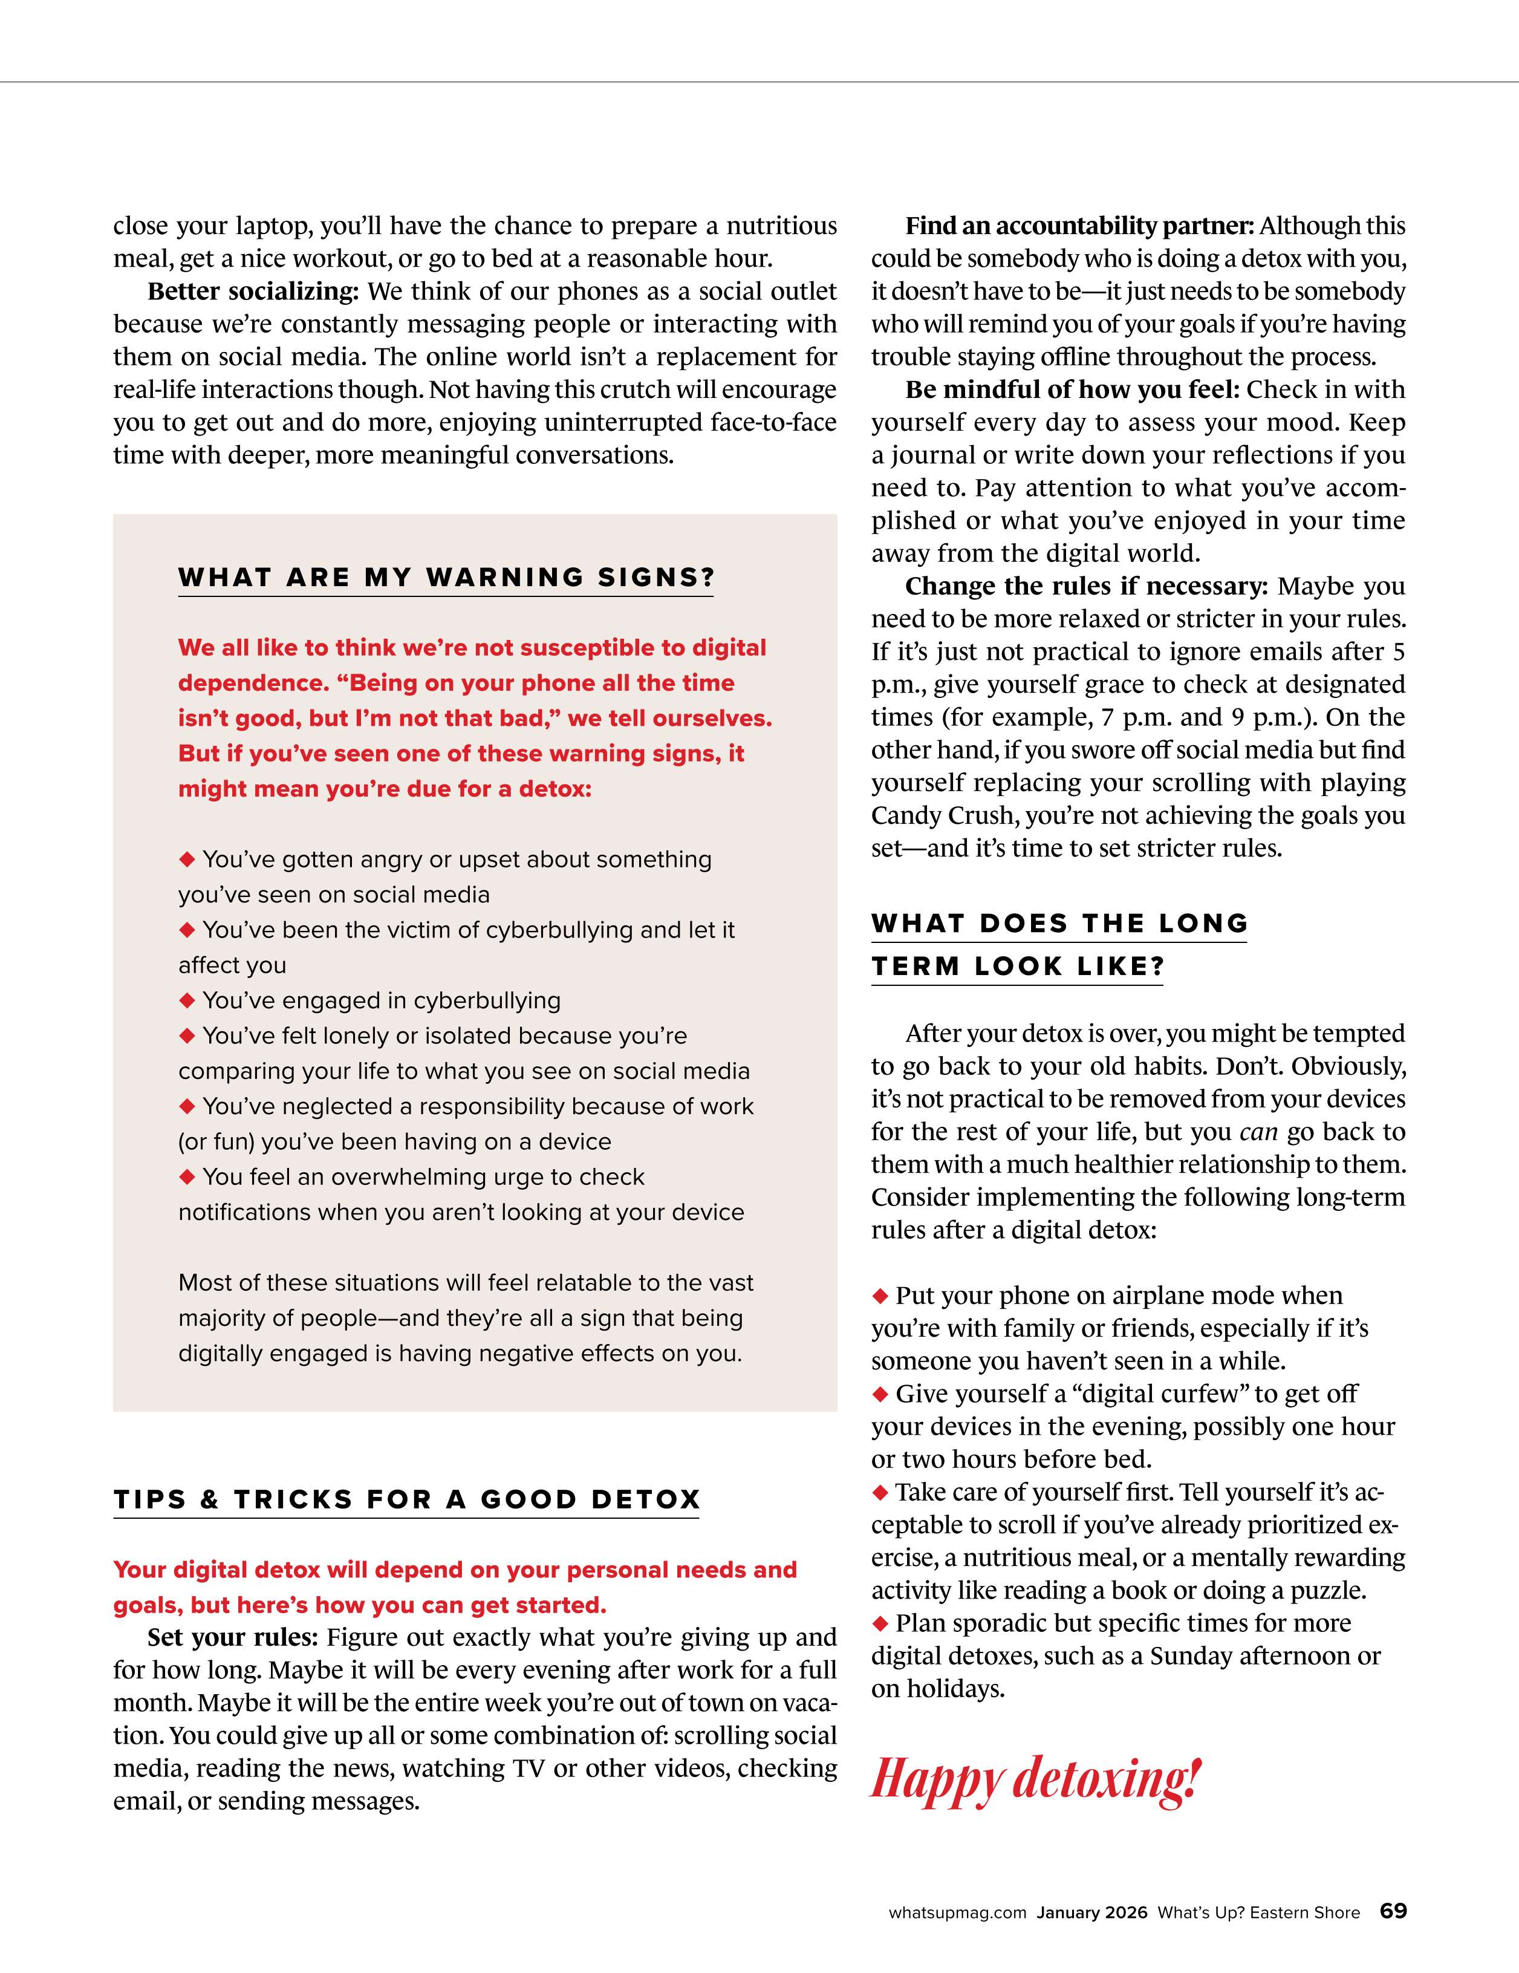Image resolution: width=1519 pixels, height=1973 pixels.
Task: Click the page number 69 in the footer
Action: click(1393, 1911)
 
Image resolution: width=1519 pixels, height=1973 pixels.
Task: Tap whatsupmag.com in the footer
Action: click(957, 1913)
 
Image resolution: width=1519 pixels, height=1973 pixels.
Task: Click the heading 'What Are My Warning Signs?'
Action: click(446, 577)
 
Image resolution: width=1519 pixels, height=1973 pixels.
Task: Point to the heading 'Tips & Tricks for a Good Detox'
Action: click(406, 1499)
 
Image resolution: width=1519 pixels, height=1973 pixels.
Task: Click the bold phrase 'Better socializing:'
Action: click(253, 291)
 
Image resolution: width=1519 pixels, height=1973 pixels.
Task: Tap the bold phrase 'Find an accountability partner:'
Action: click(1080, 226)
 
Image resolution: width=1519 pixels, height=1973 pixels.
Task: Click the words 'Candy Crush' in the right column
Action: click(944, 816)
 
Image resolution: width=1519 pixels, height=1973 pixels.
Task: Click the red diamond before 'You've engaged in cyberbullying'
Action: click(188, 1000)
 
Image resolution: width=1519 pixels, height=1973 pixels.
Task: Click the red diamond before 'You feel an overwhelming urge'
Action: click(188, 1176)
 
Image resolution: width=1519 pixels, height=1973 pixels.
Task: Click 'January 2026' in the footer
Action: click(1092, 1913)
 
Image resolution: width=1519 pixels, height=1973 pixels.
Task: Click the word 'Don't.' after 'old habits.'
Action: click(1250, 1066)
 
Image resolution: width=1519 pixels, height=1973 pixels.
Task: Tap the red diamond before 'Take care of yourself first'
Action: click(880, 1492)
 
